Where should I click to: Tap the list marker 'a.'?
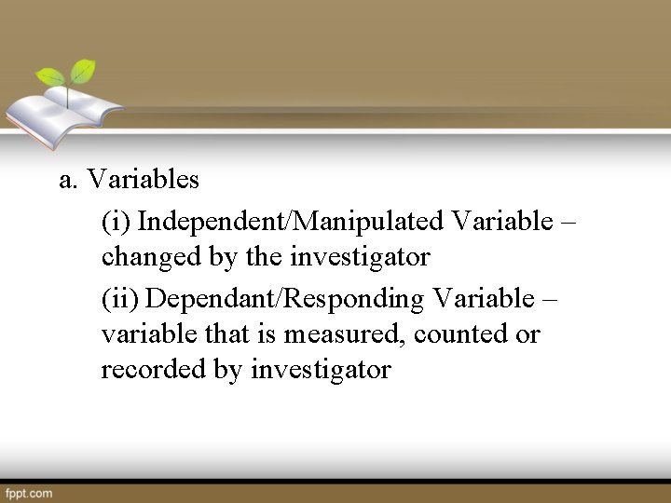[67, 178]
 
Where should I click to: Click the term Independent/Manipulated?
[290, 222]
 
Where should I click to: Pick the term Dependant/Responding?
[285, 299]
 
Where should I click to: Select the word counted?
[460, 333]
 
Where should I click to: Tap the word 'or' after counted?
[527, 333]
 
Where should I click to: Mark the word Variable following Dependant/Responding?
[482, 299]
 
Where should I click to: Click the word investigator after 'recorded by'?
[322, 369]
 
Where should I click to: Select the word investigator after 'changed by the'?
[360, 257]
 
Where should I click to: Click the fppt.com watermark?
[28, 493]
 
